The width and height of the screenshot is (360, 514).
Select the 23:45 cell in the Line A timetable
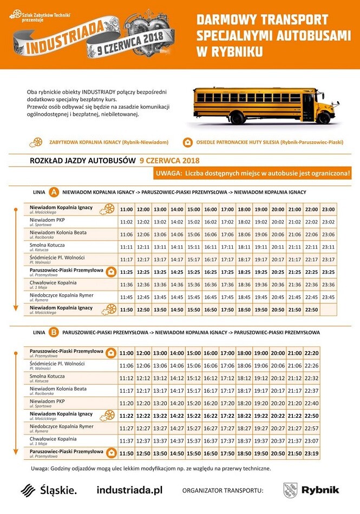pyautogui.click(x=328, y=297)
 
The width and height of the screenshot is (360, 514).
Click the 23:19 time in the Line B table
pyautogui.click(x=311, y=452)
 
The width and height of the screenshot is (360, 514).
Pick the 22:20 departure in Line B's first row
pyautogui.click(x=311, y=353)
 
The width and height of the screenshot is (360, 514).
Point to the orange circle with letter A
pyautogui.click(x=54, y=192)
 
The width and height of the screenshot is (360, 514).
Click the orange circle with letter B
pyautogui.click(x=54, y=332)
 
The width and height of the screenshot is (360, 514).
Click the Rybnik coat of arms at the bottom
pyautogui.click(x=290, y=490)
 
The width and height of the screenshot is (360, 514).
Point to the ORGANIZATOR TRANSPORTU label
pyautogui.click(x=222, y=491)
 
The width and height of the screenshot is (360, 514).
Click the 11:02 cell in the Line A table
pyautogui.click(x=126, y=222)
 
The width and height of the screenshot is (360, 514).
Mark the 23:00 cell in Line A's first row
pyautogui.click(x=328, y=209)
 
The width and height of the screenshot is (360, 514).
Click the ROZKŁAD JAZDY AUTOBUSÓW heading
pyautogui.click(x=81, y=161)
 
